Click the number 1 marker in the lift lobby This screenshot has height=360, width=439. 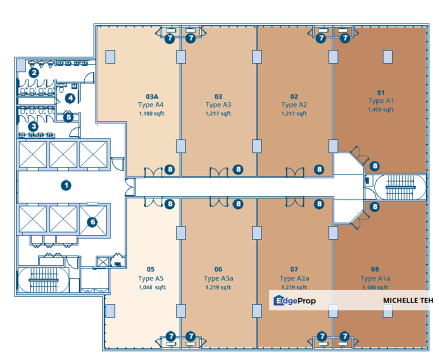pos(65,185)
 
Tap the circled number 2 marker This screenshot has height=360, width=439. pos(33,72)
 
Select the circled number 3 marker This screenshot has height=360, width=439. pos(33,126)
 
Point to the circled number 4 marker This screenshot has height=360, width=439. pos(70,98)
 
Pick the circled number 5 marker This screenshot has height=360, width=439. pos(69,117)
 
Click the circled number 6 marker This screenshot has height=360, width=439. pos(92,221)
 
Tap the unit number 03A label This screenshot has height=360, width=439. pos(151,96)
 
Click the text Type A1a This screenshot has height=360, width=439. pos(375,278)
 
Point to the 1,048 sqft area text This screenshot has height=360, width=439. pos(152,287)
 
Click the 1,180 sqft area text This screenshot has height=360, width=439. pos(151,113)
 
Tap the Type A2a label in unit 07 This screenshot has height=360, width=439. pos(294,278)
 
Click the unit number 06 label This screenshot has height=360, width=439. pos(218,269)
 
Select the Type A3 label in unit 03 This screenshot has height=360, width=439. pos(218,104)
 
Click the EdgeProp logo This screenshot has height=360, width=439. pos(294,300)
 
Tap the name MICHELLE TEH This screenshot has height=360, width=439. pos(408,300)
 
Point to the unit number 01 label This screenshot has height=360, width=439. pos(381,92)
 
